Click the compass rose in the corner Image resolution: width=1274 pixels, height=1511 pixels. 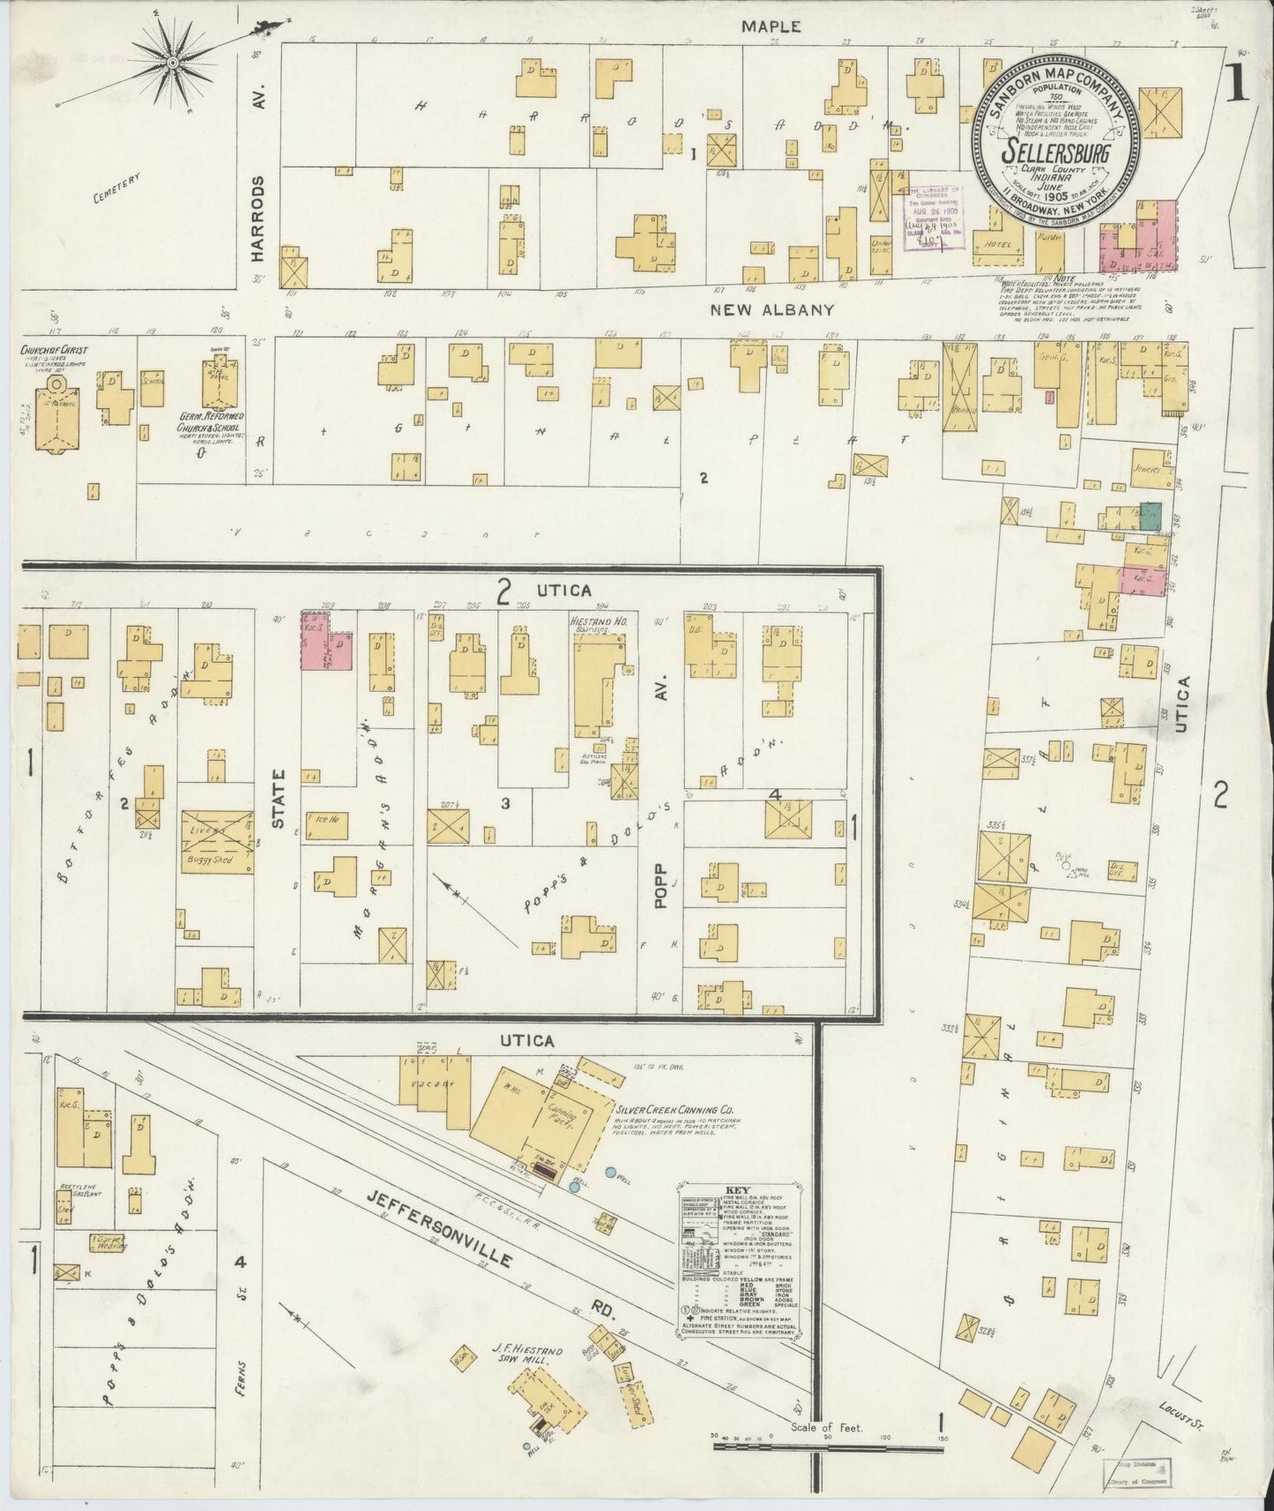[174, 63]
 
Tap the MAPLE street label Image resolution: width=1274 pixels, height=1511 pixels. [771, 27]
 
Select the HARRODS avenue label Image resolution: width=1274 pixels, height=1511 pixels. [257, 217]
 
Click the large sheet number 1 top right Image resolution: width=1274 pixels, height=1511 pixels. [1236, 86]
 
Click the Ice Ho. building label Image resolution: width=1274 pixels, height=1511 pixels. [327, 819]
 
